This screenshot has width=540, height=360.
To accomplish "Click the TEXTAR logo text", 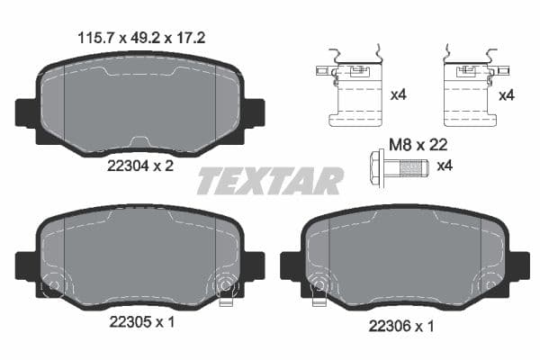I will (x=270, y=181).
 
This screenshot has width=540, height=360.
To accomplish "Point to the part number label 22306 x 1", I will (x=400, y=328).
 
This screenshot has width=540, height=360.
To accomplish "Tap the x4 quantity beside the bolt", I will (x=445, y=166).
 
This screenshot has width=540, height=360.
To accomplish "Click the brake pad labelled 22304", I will (x=139, y=100).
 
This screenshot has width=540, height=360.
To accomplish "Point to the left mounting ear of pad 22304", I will (x=24, y=112).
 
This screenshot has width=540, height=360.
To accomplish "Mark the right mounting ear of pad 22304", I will (x=256, y=112).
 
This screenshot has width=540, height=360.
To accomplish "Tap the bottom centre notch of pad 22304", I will (x=140, y=141).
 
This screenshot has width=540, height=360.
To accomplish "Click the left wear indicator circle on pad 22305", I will (x=52, y=286).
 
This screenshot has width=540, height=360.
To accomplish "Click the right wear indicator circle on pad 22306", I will (x=491, y=286).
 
